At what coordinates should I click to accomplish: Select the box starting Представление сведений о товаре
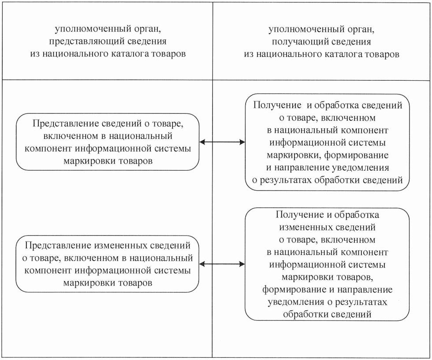pyautogui.click(x=107, y=142)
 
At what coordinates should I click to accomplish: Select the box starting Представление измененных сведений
pyautogui.click(x=107, y=264)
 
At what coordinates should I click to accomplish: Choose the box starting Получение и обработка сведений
pyautogui.click(x=328, y=142)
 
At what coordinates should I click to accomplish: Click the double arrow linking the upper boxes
pyautogui.click(x=222, y=142)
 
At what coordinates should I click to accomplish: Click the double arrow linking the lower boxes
pyautogui.click(x=222, y=264)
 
